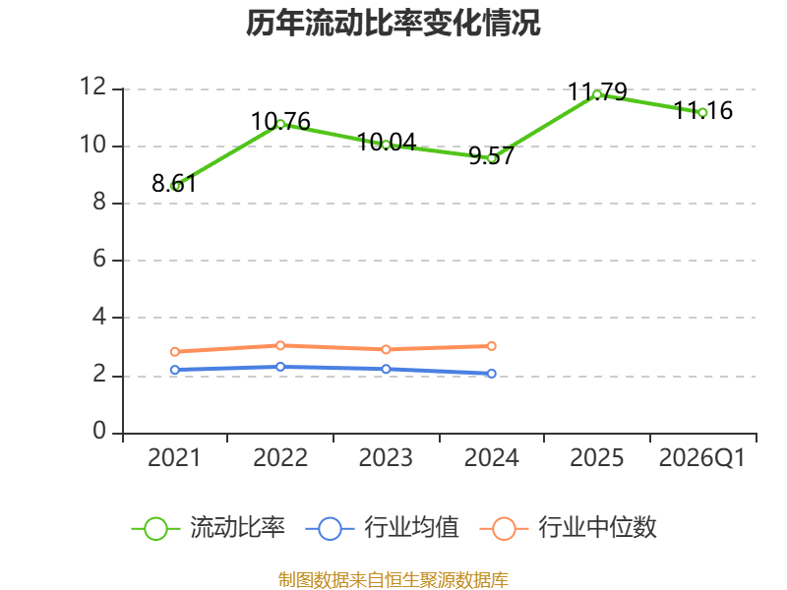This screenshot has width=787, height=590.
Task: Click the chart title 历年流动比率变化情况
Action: [393, 23]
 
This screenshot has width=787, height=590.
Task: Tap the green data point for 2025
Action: [597, 94]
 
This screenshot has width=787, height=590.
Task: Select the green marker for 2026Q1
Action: [702, 113]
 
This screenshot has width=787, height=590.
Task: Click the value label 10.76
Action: [280, 121]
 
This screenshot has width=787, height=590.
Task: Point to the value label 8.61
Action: [174, 183]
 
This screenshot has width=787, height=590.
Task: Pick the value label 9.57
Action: [491, 155]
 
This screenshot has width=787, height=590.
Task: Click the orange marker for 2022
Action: [280, 345]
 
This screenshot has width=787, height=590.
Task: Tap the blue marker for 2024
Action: [491, 374]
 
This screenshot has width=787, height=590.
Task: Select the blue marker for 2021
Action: [175, 370]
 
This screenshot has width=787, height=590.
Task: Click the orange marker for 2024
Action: [491, 346]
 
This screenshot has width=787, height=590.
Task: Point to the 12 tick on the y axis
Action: [93, 87]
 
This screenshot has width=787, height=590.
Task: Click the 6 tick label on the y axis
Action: [99, 259]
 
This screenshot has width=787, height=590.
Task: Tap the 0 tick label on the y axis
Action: [99, 431]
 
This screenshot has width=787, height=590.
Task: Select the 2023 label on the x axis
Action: [386, 457]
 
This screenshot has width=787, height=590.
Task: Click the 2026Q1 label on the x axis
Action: [702, 457]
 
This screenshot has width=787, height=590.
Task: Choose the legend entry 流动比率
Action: [209, 528]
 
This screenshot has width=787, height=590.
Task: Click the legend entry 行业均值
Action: [382, 528]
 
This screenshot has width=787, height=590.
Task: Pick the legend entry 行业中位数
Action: [568, 528]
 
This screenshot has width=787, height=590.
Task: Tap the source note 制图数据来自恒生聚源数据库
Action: [393, 580]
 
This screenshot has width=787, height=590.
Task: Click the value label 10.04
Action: [387, 143]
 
